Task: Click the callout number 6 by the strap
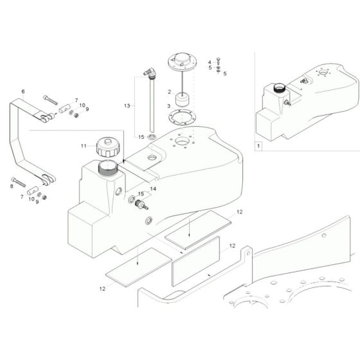(x=24, y=92)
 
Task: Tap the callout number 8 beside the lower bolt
(x=12, y=186)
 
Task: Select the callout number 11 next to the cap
(x=83, y=147)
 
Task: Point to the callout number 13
(x=127, y=105)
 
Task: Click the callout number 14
(x=152, y=188)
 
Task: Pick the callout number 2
(x=169, y=92)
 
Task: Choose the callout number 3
(x=169, y=105)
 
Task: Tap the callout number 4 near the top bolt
(x=209, y=61)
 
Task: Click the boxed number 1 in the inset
(x=259, y=147)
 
